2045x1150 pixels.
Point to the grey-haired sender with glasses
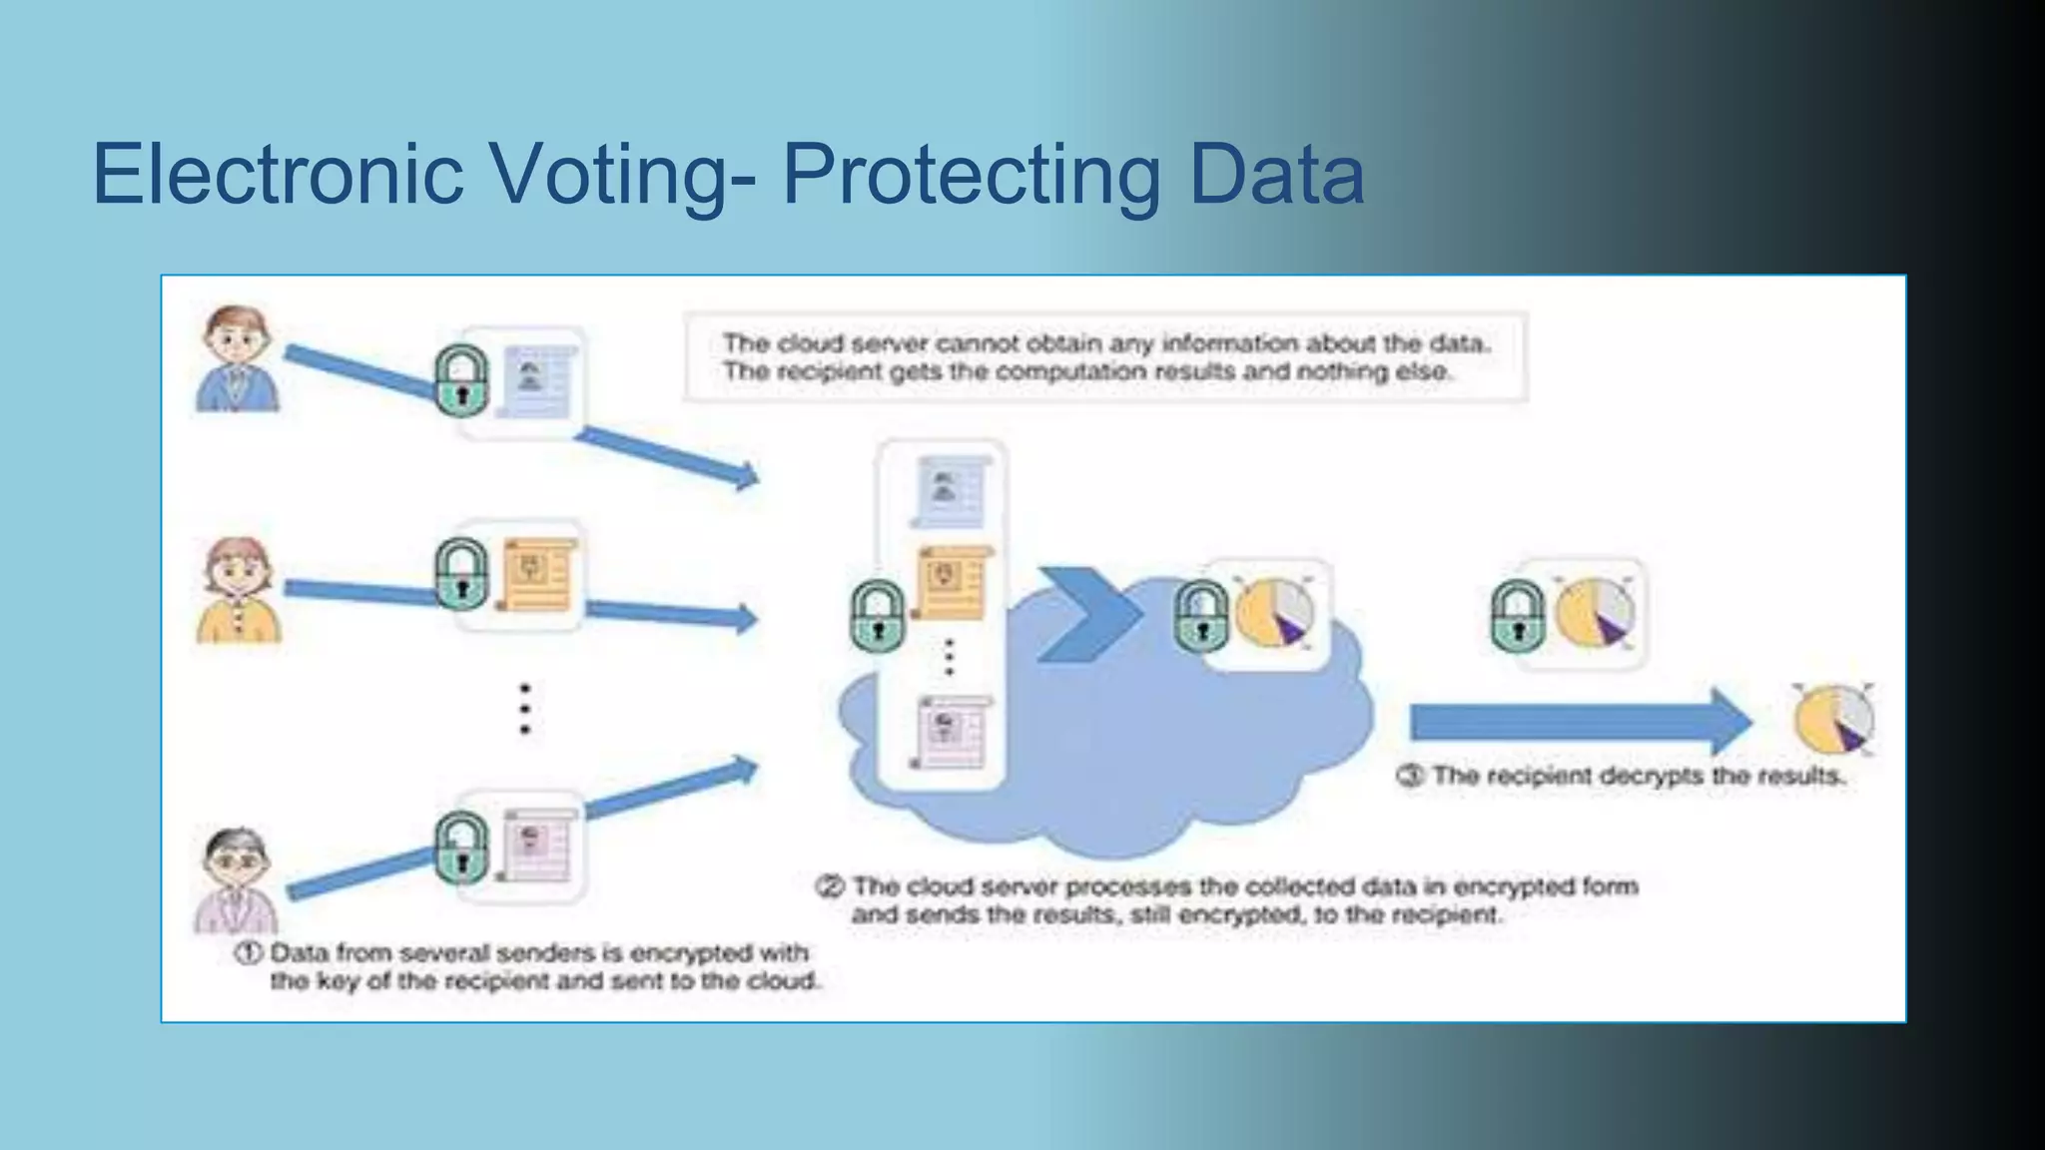point(237,878)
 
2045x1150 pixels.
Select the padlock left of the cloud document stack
point(878,616)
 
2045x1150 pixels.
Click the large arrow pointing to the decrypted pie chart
point(1578,721)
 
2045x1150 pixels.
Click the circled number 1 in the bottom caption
point(248,953)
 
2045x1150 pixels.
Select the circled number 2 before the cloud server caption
point(830,886)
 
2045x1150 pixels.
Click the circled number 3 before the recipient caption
point(1409,776)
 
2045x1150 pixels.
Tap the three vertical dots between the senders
point(525,709)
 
